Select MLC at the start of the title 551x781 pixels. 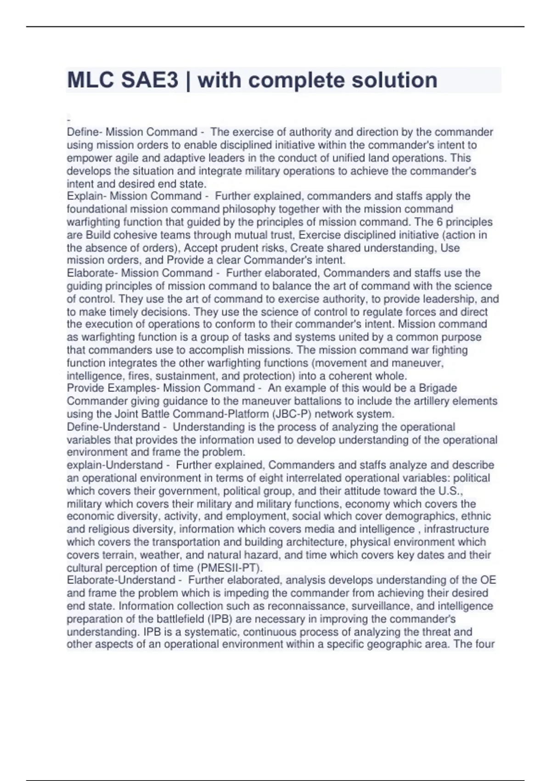90,80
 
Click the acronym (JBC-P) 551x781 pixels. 292,414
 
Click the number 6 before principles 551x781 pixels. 439,222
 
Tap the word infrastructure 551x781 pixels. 456,529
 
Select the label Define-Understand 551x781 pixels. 113,427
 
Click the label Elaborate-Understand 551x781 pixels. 121,580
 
